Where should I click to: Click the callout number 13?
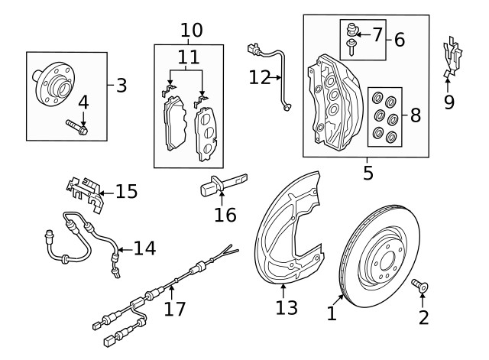(x=287, y=307)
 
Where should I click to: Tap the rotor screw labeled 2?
(x=419, y=285)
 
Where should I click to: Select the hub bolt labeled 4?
(x=77, y=127)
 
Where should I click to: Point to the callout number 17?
(x=175, y=309)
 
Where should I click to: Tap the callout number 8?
(x=416, y=115)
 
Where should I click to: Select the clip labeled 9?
(x=453, y=57)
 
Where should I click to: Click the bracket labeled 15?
(x=85, y=195)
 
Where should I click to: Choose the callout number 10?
(x=192, y=31)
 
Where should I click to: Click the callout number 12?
(x=260, y=77)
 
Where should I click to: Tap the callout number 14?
(x=144, y=248)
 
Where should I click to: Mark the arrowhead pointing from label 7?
(x=358, y=34)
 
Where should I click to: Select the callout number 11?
(x=189, y=57)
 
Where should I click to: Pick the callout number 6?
(x=400, y=40)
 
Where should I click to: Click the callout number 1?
(x=332, y=313)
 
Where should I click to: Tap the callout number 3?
(x=121, y=85)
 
